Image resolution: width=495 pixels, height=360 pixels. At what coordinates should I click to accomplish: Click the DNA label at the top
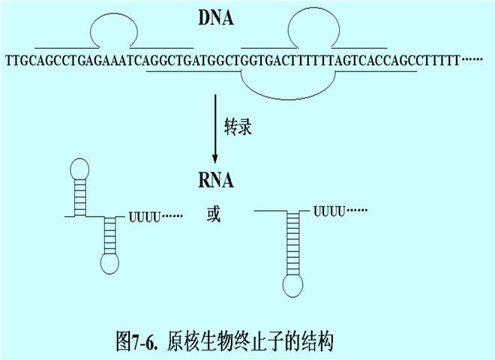pos(215,17)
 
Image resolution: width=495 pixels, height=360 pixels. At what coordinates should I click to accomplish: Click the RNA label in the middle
pos(215,181)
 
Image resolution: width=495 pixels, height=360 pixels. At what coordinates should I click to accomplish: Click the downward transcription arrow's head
pos(215,160)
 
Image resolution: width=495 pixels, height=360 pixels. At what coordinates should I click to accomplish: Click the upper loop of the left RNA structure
pos(79,169)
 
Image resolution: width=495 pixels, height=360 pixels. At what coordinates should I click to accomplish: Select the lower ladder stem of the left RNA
pos(111,235)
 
